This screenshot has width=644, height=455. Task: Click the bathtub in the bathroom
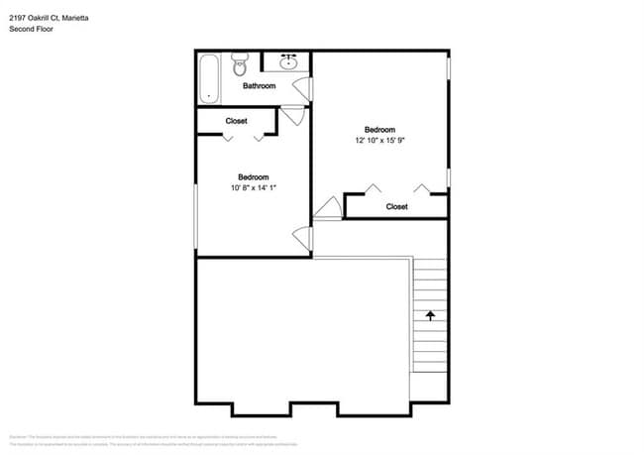[x=207, y=78]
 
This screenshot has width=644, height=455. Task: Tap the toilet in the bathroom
[x=239, y=65]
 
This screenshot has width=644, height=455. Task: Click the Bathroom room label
[x=259, y=86]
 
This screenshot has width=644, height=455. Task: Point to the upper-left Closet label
[x=236, y=121]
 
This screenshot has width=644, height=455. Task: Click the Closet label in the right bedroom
[x=396, y=206]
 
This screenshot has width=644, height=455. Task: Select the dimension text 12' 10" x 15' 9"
[x=380, y=141]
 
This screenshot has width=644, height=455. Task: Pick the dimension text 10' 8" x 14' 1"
[x=253, y=187]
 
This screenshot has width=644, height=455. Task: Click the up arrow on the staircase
[x=431, y=316]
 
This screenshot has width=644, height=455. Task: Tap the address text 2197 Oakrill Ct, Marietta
[x=48, y=16]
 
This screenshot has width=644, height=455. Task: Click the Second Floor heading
[x=31, y=30]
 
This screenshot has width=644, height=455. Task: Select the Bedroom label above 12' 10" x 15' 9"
[x=380, y=130]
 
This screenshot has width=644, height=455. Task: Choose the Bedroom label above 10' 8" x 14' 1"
[x=253, y=176]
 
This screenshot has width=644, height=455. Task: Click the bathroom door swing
[x=305, y=88]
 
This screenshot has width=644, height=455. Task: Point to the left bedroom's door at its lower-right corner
[x=303, y=239]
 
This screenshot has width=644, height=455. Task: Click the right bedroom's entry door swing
[x=327, y=207]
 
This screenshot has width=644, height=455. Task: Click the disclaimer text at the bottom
[x=322, y=440]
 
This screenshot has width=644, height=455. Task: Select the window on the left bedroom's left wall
[x=195, y=213]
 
